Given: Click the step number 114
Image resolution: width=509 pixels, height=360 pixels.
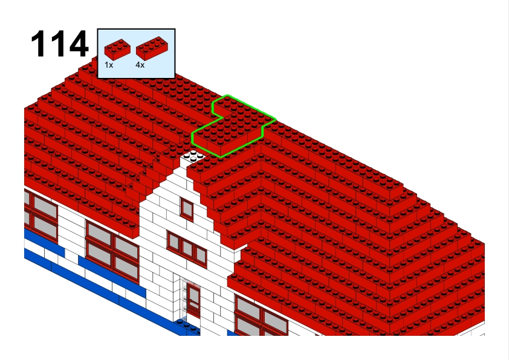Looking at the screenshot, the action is tap(59, 43).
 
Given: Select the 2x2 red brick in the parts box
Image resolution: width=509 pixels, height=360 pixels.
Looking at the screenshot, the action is tap(117, 50).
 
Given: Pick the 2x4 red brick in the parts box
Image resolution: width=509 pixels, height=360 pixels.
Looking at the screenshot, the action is tap(152, 48).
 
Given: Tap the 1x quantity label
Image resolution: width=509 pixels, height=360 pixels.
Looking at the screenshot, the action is tap(109, 65).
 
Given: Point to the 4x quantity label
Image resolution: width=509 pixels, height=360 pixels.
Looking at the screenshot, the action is tap(140, 65).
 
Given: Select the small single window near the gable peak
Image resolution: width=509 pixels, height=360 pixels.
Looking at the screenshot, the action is tap(187, 209).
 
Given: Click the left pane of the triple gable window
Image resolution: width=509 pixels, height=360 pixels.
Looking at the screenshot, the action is tap(173, 242).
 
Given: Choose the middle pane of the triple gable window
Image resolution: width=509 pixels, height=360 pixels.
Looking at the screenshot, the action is tap(187, 248).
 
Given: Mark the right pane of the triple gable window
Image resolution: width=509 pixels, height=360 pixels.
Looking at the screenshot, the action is tap(201, 256).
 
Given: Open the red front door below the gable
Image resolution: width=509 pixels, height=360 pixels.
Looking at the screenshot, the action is tap(193, 300).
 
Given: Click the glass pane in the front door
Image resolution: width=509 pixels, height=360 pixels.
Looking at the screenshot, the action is tap(194, 295).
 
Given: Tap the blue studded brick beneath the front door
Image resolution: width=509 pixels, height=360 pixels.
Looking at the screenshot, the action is tap(187, 326).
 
